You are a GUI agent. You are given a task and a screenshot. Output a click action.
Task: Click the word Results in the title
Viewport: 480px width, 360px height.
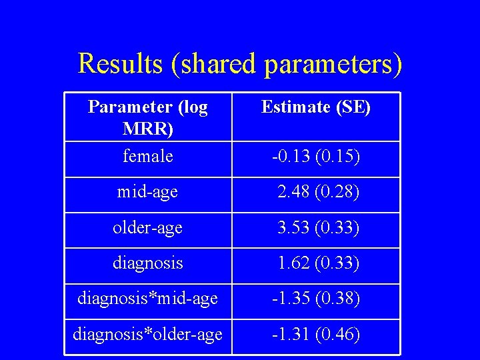(x=119, y=64)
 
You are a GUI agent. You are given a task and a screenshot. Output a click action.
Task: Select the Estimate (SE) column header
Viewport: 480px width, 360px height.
(x=316, y=107)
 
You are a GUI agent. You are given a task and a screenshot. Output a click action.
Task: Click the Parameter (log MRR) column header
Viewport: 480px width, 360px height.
(x=148, y=116)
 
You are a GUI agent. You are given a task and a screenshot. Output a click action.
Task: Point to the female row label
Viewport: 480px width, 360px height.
(x=148, y=157)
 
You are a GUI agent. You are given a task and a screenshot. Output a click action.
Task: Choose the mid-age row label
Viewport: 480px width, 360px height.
(x=147, y=193)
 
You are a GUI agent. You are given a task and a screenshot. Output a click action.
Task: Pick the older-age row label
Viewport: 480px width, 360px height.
(x=147, y=228)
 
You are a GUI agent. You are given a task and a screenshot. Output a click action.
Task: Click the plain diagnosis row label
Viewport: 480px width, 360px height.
(x=147, y=263)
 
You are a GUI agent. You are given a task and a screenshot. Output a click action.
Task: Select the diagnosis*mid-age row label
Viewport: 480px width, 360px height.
(x=147, y=299)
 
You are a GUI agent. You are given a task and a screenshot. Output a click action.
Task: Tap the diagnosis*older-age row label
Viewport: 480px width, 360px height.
(x=147, y=334)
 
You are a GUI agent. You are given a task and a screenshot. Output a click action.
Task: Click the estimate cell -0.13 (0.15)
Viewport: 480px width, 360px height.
(x=316, y=157)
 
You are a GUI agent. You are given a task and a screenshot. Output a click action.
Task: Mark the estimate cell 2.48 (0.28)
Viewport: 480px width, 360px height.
(x=319, y=193)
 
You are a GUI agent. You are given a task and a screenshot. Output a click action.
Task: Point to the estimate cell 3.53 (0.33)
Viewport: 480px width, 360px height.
(x=319, y=228)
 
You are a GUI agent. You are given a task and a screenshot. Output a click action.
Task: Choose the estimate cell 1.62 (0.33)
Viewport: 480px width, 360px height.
(x=319, y=263)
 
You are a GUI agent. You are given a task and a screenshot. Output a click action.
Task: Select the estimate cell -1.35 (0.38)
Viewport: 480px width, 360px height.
(x=316, y=299)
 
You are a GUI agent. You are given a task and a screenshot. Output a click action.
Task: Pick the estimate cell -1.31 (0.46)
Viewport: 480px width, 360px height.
(x=316, y=334)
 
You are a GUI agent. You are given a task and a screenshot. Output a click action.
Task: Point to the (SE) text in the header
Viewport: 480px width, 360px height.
(x=354, y=107)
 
